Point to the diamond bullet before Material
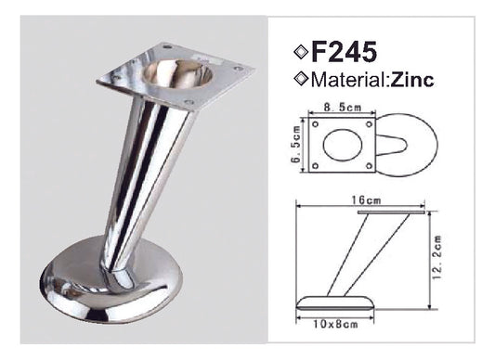point(301,80)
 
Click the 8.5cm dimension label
point(345,108)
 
